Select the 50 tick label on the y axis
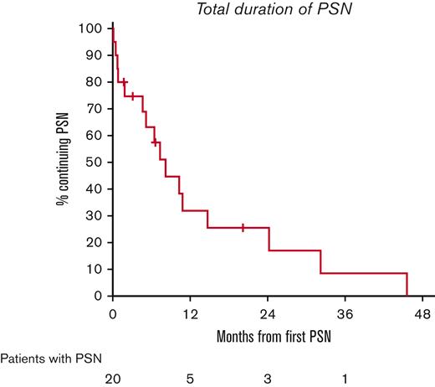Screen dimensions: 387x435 click(98, 162)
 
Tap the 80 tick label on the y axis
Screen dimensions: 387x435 click(98, 82)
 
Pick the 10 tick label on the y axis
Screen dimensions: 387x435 click(98, 269)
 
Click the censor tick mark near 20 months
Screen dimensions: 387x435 click(243, 227)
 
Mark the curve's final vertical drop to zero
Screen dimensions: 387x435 click(407, 285)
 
